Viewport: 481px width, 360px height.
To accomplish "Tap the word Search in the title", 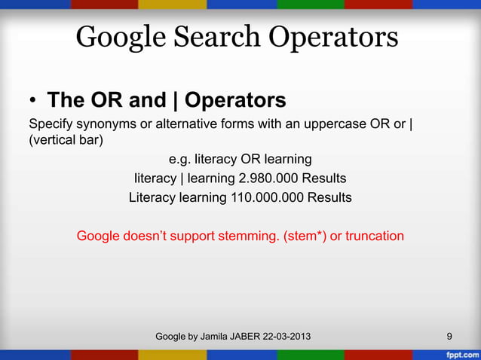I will pyautogui.click(x=215, y=37).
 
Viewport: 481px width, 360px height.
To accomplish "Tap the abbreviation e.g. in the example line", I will pyautogui.click(x=179, y=160).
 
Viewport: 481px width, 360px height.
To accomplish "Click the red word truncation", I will pyautogui.click(x=375, y=236).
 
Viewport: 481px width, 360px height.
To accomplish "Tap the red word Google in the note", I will pyautogui.click(x=101, y=236).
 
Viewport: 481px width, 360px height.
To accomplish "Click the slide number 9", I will pyautogui.click(x=449, y=336).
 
